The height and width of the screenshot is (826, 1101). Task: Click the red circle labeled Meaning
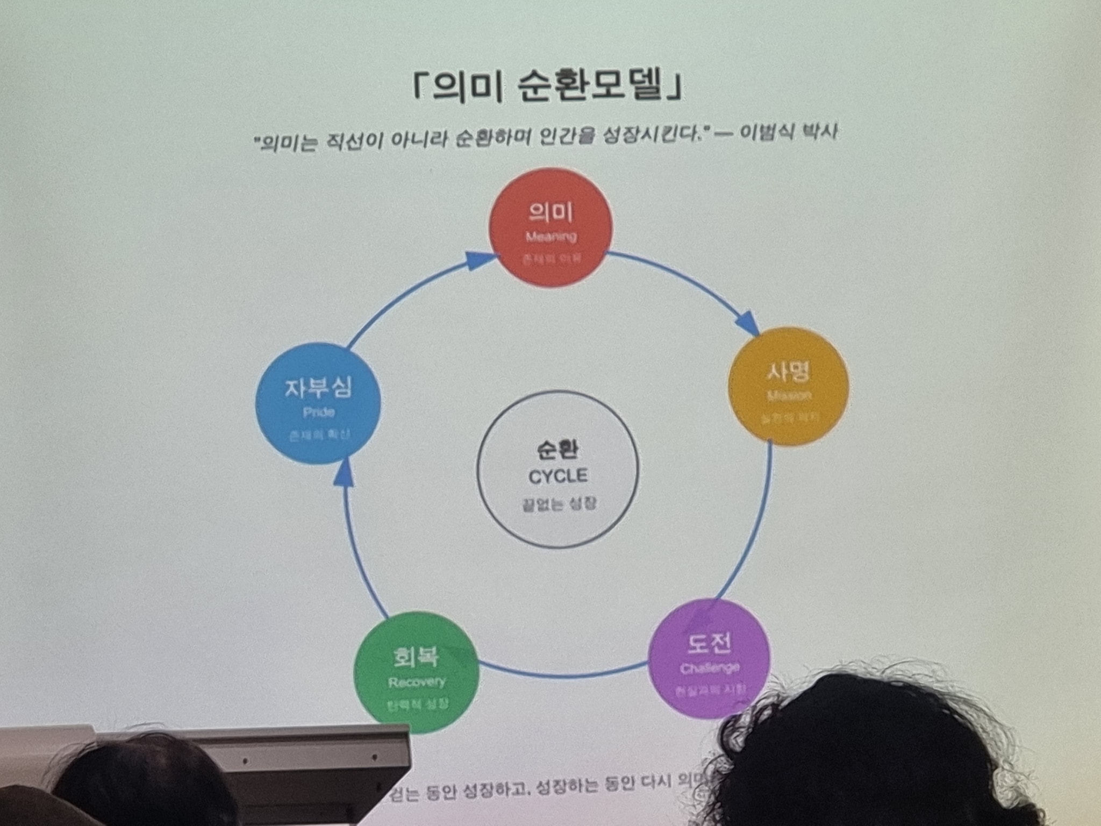(x=550, y=228)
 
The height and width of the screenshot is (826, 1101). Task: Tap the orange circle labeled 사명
(x=788, y=386)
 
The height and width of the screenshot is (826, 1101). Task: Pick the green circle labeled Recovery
(x=416, y=672)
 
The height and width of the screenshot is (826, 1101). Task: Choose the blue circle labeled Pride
(x=318, y=403)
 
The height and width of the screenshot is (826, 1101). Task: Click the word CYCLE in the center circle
(x=558, y=476)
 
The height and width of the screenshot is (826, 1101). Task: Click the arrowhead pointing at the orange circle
(x=747, y=322)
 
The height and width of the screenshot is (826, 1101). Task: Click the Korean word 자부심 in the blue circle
(x=318, y=387)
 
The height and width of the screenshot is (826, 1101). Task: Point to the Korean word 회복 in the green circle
(x=416, y=656)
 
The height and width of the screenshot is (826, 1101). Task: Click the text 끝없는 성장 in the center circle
(x=558, y=504)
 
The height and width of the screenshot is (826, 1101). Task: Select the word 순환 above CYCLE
(x=558, y=450)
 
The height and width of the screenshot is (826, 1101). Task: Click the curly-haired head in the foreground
(x=882, y=753)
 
